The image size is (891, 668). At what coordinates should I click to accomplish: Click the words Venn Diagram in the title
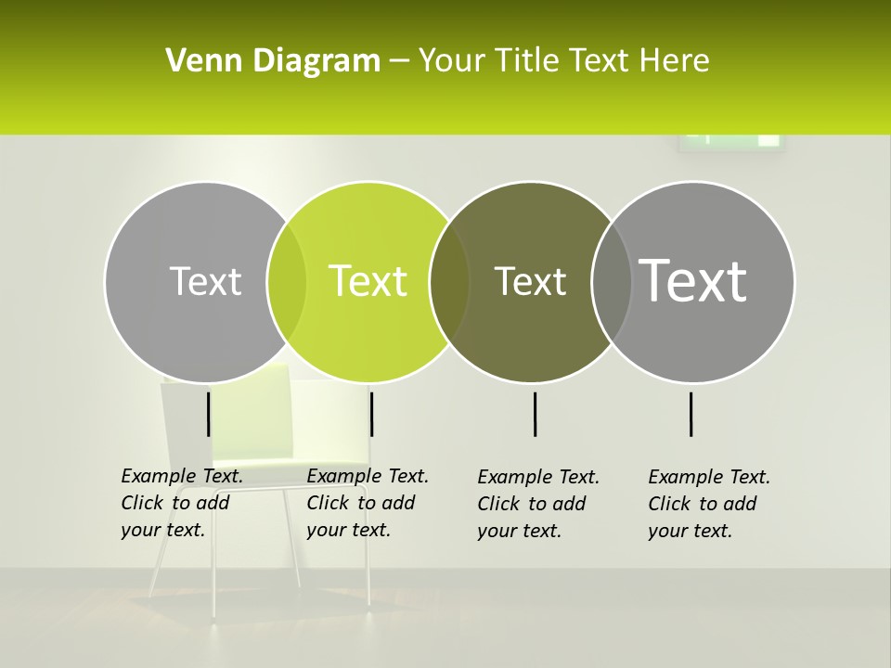click(x=273, y=61)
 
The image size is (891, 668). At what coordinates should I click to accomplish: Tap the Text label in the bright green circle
click(x=368, y=281)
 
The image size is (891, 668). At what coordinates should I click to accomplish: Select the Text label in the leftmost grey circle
click(x=205, y=281)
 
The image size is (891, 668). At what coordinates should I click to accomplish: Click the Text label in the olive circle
click(x=530, y=281)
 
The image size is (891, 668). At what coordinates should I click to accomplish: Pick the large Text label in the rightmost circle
click(x=693, y=280)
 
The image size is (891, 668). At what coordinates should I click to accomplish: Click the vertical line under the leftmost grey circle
click(x=209, y=414)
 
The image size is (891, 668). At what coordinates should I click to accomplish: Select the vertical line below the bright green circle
click(x=371, y=414)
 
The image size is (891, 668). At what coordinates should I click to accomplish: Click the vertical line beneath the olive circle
click(x=536, y=414)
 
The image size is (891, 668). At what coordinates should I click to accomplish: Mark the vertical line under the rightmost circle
click(x=691, y=414)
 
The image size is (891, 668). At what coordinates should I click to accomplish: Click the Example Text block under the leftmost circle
click(x=182, y=503)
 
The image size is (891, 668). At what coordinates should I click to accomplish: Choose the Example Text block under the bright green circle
click(x=368, y=503)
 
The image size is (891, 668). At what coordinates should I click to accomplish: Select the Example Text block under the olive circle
click(x=538, y=504)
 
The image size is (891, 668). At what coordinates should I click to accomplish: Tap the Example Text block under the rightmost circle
click(x=709, y=504)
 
